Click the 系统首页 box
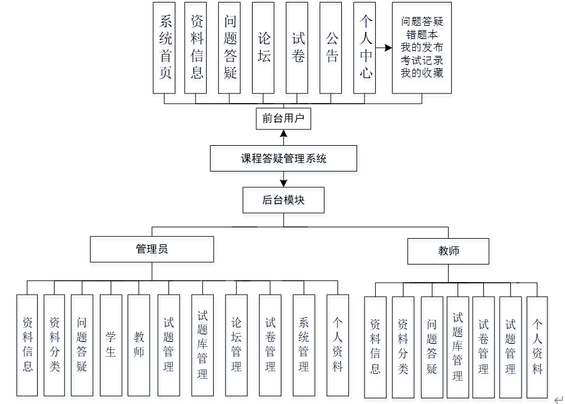165,48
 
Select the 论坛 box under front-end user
264,48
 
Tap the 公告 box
331,48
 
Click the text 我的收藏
422,73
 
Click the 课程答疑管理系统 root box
283,158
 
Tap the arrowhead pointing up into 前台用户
283,133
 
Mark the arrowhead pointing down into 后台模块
283,183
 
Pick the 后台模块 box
283,200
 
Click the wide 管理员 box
152,249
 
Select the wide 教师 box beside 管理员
448,251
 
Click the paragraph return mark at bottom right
557,398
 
